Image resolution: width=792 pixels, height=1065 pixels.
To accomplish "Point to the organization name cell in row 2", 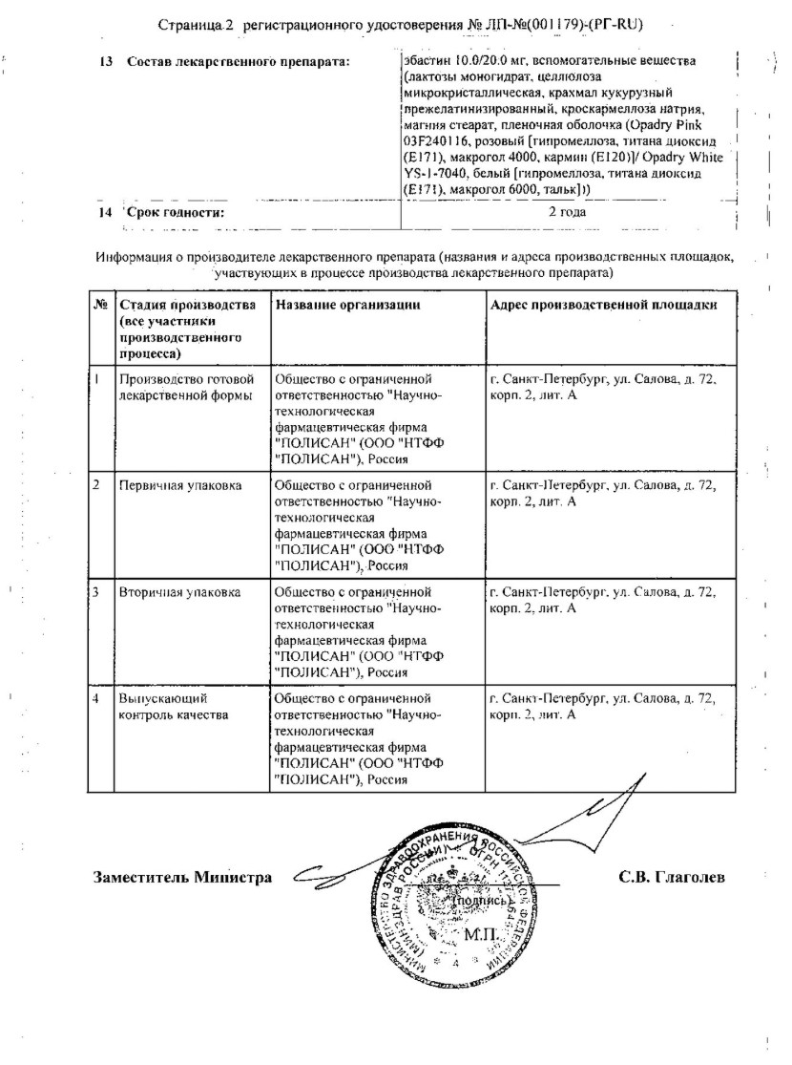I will coord(363,524).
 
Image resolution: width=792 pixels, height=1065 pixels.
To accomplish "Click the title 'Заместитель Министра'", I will coord(182,877).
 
